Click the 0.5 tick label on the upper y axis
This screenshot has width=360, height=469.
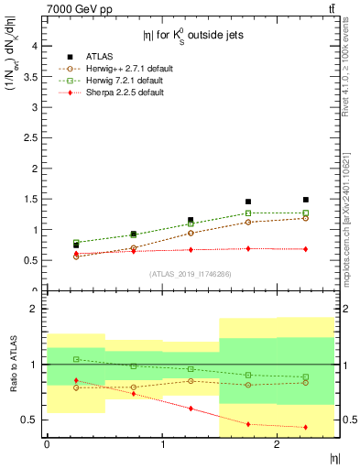[32, 260]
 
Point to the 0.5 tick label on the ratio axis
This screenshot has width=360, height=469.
[32, 420]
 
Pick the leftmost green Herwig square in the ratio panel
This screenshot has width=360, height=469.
[76, 359]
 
